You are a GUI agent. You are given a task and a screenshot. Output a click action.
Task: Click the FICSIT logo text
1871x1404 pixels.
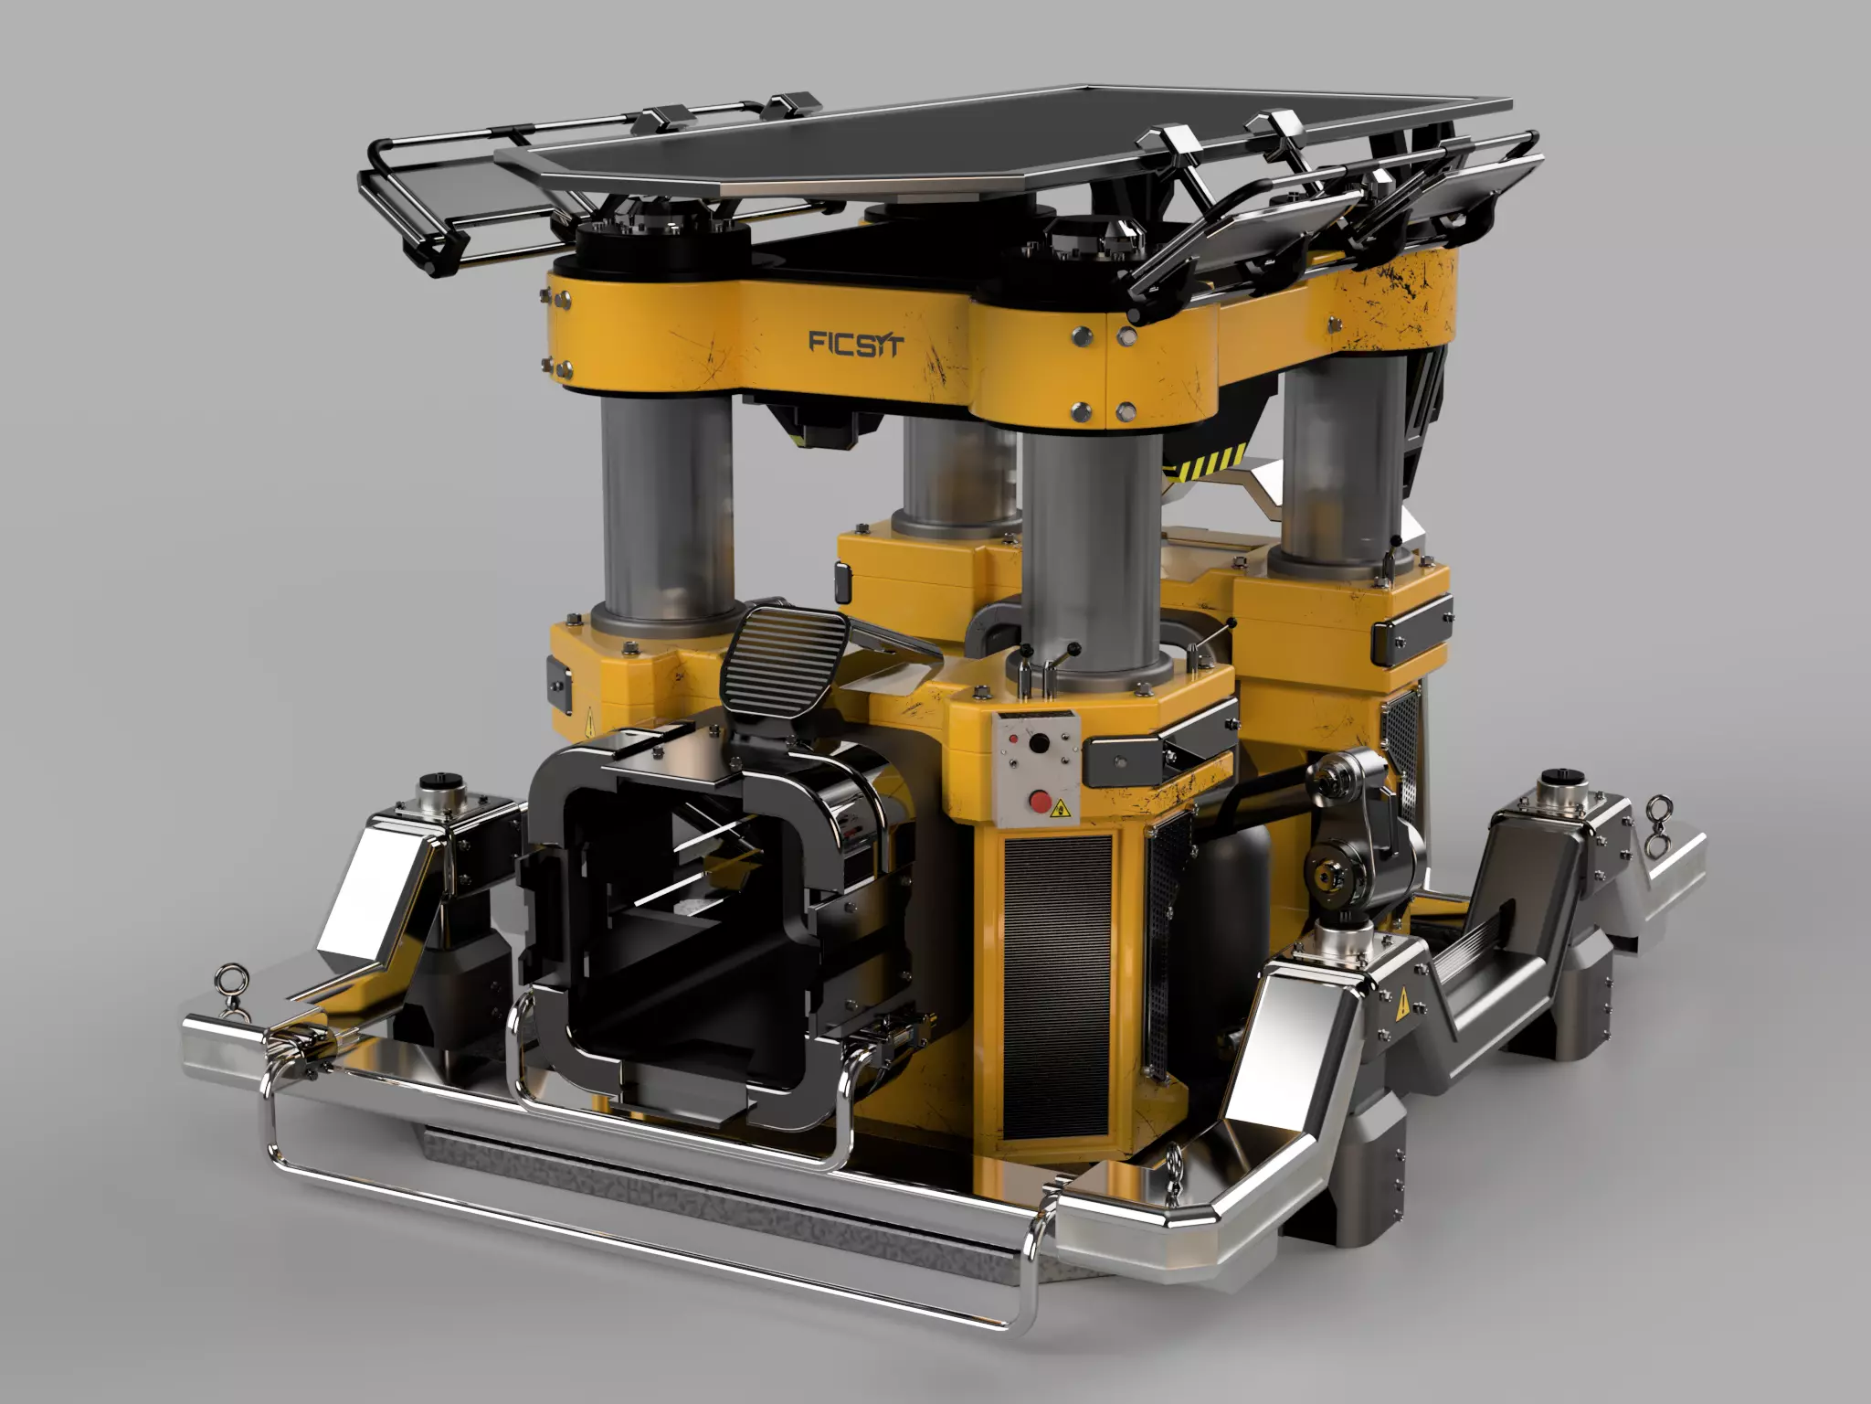pyautogui.click(x=856, y=344)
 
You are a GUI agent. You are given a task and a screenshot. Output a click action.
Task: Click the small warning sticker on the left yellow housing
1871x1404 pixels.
pyautogui.click(x=588, y=720)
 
